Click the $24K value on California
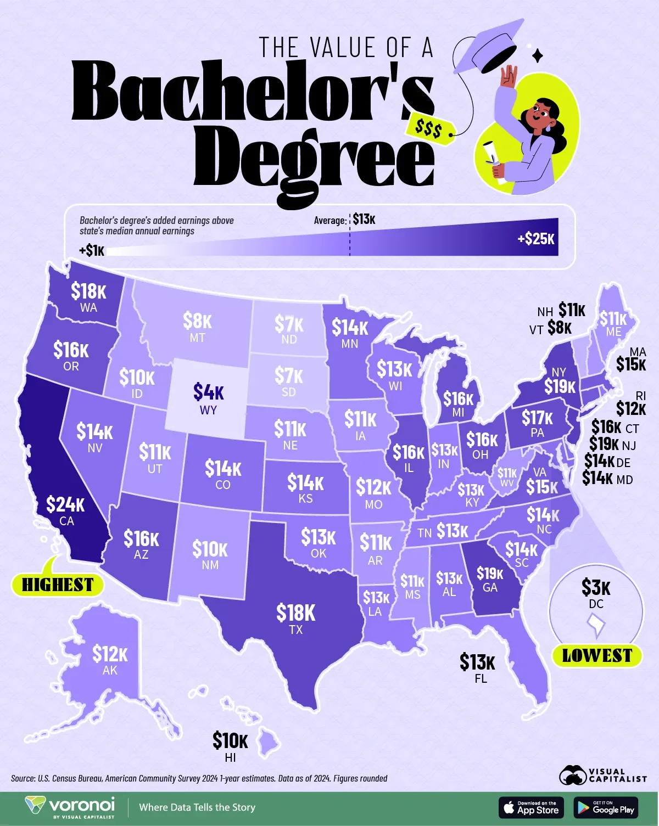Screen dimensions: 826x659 [65, 504]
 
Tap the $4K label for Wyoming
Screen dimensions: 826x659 [208, 392]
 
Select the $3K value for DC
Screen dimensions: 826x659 [596, 588]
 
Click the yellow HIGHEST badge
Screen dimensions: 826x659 [58, 585]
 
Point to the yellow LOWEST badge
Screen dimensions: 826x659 [597, 655]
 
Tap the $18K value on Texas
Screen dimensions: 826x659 [296, 613]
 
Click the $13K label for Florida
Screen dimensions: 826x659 [478, 662]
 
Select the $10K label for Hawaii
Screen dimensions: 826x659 [230, 741]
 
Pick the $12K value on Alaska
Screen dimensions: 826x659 [110, 654]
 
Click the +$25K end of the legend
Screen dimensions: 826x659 [536, 239]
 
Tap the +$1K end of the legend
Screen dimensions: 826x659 [92, 251]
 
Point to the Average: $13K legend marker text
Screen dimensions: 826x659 [345, 220]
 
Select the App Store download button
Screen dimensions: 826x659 [531, 807]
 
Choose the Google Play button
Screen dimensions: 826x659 [606, 807]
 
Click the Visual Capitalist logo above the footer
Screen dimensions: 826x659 [603, 775]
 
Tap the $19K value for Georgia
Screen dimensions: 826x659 [489, 574]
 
